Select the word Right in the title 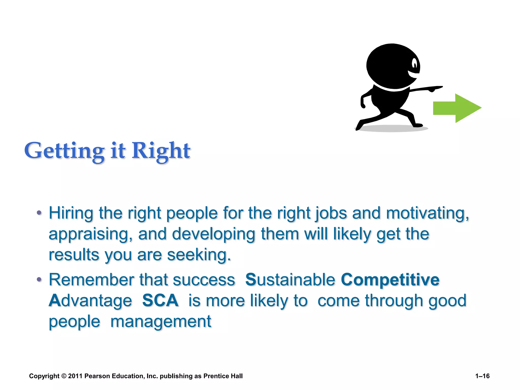click(161, 151)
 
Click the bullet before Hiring click(39, 213)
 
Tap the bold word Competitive click(390, 280)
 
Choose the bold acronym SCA click(160, 300)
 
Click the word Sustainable click(290, 280)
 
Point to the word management click(161, 321)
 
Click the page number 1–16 click(482, 376)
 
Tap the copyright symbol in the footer click(64, 376)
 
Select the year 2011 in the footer click(75, 376)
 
